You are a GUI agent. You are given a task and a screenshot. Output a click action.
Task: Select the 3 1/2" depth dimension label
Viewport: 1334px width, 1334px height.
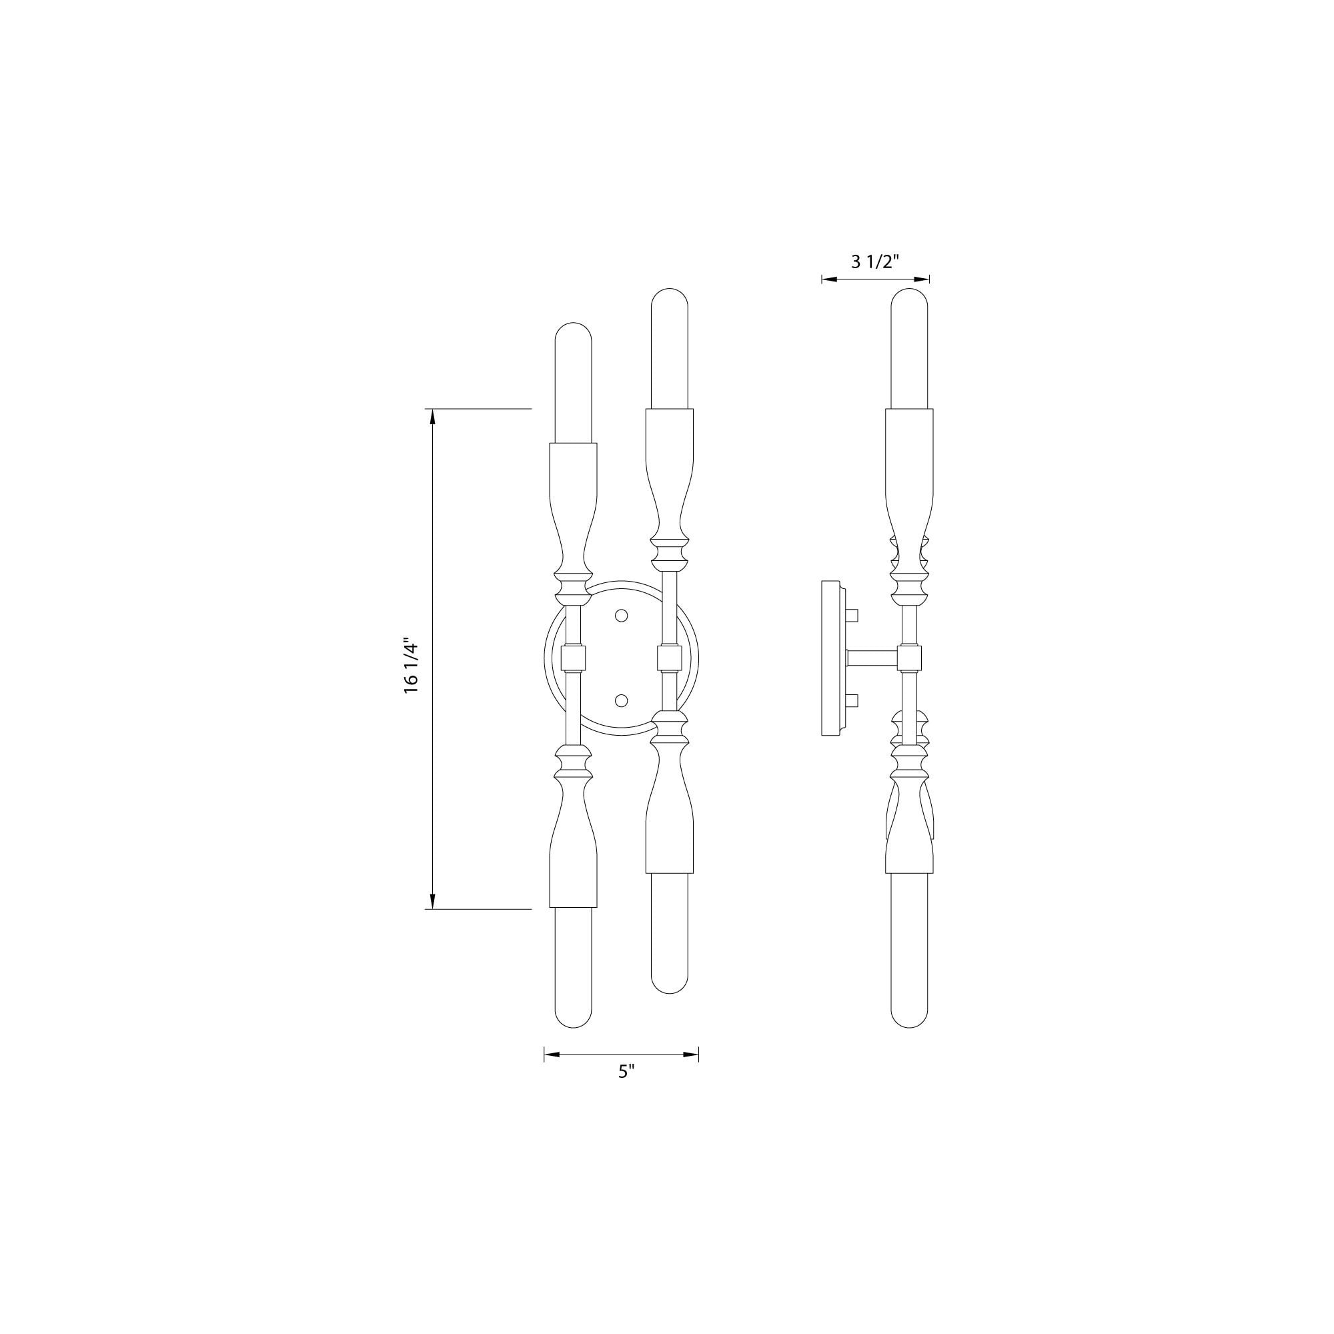click(x=875, y=261)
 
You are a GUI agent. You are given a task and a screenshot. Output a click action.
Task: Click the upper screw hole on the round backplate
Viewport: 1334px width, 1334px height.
click(x=622, y=614)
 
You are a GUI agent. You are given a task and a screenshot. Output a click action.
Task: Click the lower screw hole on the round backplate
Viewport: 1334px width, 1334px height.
click(x=622, y=701)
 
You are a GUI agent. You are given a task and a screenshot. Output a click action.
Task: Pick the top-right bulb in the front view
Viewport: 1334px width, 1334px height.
click(x=670, y=349)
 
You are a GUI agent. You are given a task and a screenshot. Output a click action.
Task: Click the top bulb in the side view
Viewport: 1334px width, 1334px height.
click(x=909, y=349)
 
